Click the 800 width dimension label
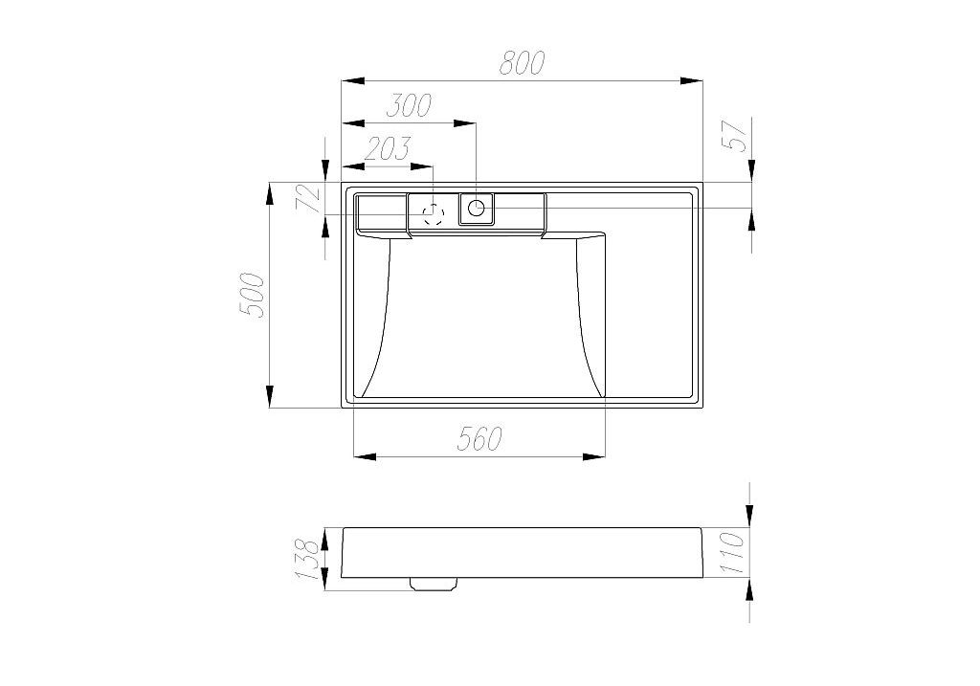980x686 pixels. [522, 62]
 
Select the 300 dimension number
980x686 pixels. [409, 105]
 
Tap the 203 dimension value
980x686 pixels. [388, 148]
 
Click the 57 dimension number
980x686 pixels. [736, 135]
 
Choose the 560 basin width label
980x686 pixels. [479, 438]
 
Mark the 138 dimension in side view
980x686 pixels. [308, 559]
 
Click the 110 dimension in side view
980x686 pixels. [732, 553]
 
